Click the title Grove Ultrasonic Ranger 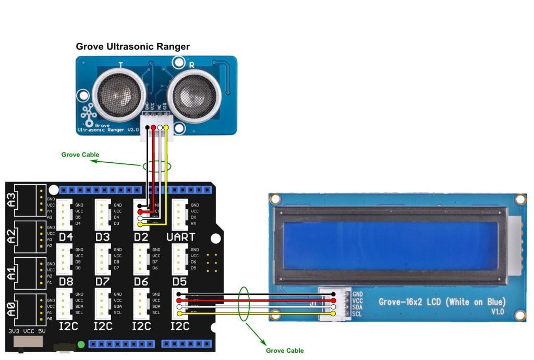click(132, 47)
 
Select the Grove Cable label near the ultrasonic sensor click(80, 154)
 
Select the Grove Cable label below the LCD click(285, 350)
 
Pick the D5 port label click(180, 282)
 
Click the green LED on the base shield click(81, 344)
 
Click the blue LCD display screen click(390, 245)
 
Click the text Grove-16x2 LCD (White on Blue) click(442, 302)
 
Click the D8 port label click(66, 282)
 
